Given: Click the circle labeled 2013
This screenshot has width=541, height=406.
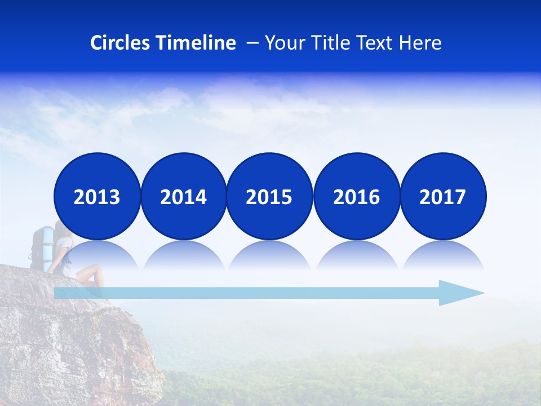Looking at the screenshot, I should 97,196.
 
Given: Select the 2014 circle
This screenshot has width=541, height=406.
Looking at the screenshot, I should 184,196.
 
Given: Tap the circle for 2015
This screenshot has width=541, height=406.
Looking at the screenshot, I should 269,196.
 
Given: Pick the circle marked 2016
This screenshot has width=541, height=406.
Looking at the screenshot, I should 357,196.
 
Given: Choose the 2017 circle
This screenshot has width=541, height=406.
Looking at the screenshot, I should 443,196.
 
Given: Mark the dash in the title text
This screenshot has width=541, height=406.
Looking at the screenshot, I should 253,43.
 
